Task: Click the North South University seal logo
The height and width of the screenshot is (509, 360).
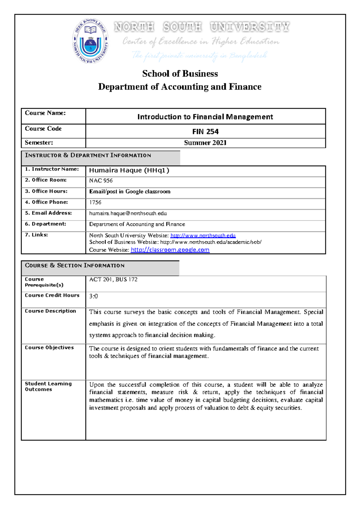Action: pos(90,41)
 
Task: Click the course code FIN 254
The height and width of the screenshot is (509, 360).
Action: pos(205,131)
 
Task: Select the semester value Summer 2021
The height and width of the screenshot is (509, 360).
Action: pos(205,143)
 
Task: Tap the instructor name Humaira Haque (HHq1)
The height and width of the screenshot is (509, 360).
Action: pos(129,170)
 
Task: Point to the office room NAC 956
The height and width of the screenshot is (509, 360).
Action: pos(101,181)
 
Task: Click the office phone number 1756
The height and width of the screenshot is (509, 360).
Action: pos(95,203)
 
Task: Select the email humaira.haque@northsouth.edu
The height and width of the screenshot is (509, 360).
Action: pos(128,213)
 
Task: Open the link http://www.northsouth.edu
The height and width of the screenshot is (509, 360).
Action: pos(203,236)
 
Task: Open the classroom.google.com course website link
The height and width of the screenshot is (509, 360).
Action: pos(170,250)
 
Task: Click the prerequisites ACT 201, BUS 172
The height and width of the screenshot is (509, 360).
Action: pos(113,279)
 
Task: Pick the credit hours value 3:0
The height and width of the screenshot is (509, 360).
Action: pos(93,296)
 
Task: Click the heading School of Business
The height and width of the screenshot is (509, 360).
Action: pos(180,74)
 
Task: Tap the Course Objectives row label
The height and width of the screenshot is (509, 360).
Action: pos(49,348)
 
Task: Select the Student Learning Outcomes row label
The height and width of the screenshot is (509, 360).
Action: pos(48,387)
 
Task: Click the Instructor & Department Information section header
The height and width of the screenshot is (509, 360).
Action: pos(88,155)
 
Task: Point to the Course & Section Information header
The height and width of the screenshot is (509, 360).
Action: pos(75,266)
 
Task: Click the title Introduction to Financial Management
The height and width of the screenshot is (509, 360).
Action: pos(205,117)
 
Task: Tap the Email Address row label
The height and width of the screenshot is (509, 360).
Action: pos(48,213)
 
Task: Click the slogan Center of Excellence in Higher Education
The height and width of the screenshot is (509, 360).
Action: pos(201,41)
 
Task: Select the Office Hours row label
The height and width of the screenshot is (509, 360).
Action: pos(46,191)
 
